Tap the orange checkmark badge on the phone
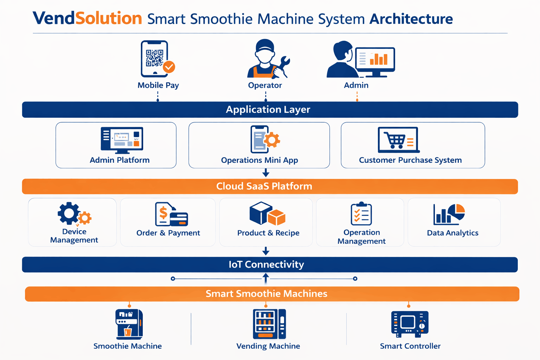pos(169,67)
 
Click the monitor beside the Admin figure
pos(375,60)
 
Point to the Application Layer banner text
pos(268,110)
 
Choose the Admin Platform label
pos(120,160)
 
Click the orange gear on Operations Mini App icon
pos(272,140)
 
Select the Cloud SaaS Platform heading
pos(264,186)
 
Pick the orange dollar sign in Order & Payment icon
pos(163,213)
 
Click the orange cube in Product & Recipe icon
pos(277,217)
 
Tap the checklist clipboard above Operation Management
pos(361,214)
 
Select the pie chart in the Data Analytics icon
pos(457,212)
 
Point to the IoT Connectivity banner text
pos(266,264)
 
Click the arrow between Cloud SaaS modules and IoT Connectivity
pos(266,251)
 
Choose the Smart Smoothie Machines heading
pos(266,294)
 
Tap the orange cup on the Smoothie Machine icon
pos(128,331)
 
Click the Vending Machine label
pos(268,346)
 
